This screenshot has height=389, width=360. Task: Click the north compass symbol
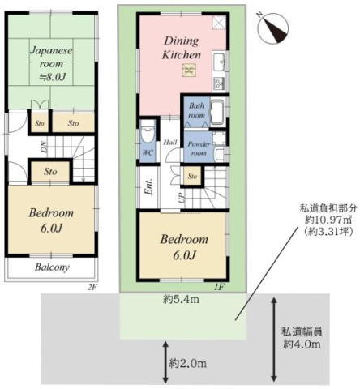coord(273,28)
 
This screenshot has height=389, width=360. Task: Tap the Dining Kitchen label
coord(182,48)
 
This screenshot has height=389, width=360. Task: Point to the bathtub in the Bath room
coord(218,112)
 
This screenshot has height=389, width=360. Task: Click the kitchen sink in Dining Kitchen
coord(219,62)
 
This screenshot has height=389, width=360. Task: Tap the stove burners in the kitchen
coord(218,83)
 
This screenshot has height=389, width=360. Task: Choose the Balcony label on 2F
coord(52,267)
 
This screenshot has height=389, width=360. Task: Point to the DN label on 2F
coord(44,147)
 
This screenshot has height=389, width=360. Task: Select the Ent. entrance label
coord(148,186)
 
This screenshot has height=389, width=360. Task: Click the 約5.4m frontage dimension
coord(181,299)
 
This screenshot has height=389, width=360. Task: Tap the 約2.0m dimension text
coord(188,363)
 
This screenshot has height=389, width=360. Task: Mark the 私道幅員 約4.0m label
coord(302,338)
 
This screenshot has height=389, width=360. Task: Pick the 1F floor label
coord(219,287)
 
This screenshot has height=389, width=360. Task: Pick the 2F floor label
coord(92,287)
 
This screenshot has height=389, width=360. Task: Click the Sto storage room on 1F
coord(192,176)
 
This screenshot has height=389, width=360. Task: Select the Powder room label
coord(199,148)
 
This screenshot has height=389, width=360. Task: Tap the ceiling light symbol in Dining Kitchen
coord(189,71)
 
